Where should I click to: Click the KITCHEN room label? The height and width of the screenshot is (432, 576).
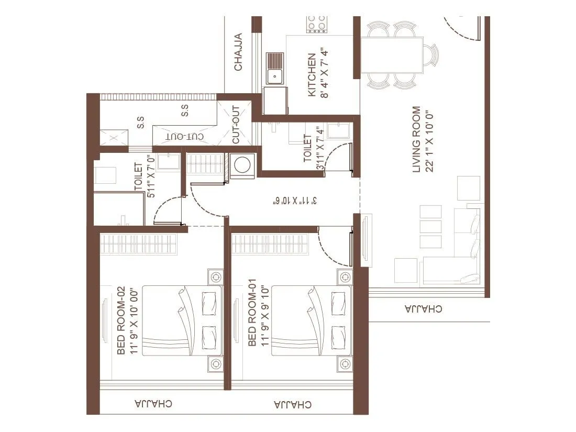coord(312,75)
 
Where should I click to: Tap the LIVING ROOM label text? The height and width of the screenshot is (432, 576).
coord(417,139)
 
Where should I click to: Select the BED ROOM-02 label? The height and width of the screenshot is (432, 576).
coord(121,320)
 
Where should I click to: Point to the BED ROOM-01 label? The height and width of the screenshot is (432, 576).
coord(252,312)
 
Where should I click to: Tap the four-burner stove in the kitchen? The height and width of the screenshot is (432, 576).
coord(316,24)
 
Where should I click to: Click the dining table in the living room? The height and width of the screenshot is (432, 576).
coord(392,54)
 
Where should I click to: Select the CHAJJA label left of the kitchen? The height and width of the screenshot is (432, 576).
coord(238,52)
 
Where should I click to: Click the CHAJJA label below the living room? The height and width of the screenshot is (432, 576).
coord(423,308)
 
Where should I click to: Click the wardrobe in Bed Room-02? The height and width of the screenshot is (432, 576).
coord(138,244)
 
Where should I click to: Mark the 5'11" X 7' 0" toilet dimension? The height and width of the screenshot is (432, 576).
coord(150,176)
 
